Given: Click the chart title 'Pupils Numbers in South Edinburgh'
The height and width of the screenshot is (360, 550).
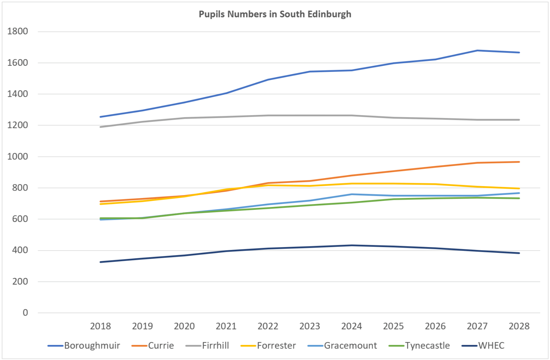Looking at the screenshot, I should point(275,14).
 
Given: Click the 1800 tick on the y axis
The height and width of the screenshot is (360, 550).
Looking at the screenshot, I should point(18,31).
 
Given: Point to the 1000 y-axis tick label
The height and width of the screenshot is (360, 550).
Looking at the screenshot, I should point(18,157).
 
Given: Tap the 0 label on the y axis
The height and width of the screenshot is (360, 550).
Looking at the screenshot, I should point(25,313).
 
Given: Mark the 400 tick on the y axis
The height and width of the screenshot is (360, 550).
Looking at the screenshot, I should point(20,250).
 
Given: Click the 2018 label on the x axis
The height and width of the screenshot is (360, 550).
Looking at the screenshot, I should point(100,326).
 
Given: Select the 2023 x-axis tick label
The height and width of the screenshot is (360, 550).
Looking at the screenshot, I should point(310,326).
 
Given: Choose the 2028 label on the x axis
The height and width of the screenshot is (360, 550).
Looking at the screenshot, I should point(519,326).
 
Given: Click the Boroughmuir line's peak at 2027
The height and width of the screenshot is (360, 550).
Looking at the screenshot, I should point(477,50).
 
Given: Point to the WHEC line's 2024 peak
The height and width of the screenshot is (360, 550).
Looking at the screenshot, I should point(352,245).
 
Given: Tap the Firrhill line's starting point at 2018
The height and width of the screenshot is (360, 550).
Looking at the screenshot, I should point(100,127).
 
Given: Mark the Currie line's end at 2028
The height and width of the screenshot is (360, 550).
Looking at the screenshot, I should point(519,162).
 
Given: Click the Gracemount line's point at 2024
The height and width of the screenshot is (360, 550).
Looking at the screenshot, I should point(352,194).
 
